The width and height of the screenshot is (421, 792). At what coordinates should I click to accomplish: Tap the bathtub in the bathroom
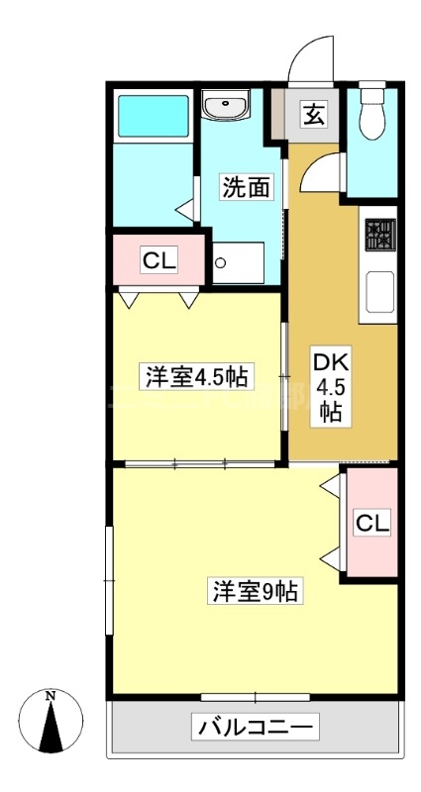(154, 116)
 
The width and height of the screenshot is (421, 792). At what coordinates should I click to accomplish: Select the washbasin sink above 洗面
(225, 105)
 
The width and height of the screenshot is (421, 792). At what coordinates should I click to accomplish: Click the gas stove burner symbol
(380, 235)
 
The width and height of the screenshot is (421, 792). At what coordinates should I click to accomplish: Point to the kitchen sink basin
(379, 292)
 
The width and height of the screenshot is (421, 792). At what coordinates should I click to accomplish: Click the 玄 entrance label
(313, 115)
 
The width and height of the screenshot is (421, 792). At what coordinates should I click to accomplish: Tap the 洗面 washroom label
(246, 188)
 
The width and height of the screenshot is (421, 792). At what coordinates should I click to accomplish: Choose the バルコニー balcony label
(256, 727)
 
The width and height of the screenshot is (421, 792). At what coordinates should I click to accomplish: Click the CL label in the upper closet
(159, 261)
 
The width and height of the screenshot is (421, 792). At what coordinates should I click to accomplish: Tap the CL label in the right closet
(373, 523)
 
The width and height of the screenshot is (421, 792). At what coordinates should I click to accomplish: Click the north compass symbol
(51, 721)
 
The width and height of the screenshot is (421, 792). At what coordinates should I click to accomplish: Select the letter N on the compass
(51, 696)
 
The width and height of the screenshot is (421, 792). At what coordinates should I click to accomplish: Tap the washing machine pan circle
(220, 262)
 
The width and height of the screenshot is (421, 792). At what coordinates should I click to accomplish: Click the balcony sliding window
(256, 698)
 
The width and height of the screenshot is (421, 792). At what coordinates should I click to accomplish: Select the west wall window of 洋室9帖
(109, 581)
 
